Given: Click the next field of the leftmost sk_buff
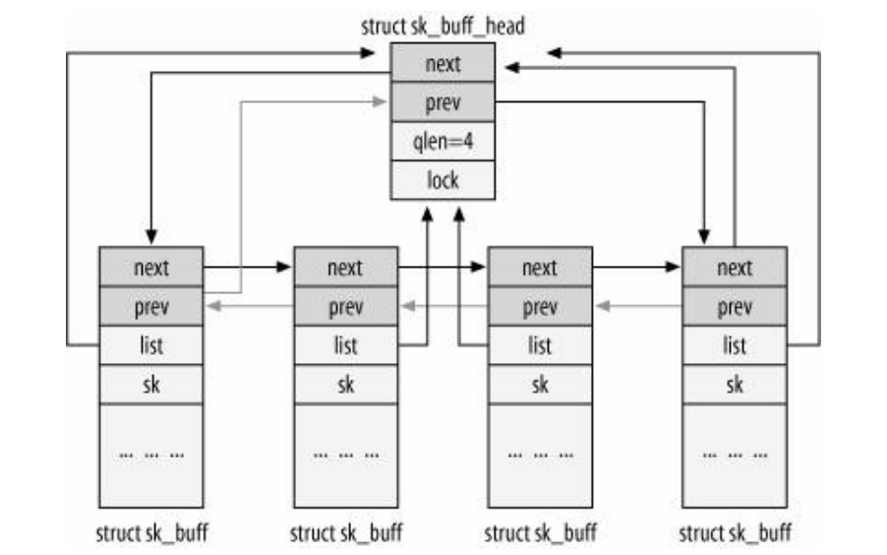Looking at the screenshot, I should [150, 267].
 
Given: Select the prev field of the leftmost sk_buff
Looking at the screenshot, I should [150, 306].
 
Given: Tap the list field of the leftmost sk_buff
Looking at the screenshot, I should [150, 345].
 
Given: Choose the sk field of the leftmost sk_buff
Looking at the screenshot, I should [150, 385].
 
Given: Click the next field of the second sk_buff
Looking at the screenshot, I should [345, 267].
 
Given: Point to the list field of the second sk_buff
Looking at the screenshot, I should [345, 345].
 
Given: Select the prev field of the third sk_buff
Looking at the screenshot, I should [540, 306].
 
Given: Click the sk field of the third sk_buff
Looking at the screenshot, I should [540, 385].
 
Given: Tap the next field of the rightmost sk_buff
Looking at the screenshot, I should [735, 267].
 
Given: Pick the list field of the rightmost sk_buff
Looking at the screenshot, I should [735, 345].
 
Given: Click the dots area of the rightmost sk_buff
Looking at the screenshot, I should [735, 455].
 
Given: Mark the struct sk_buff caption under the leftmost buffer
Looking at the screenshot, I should [150, 533].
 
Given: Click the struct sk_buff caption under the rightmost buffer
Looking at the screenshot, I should [735, 533].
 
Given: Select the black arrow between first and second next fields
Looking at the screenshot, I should [248, 267].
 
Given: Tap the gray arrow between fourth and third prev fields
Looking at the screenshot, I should [637, 307].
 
